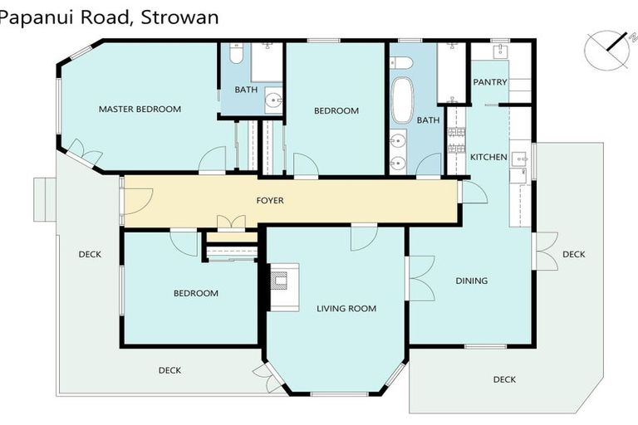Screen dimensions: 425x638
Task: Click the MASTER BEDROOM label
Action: click(140, 109)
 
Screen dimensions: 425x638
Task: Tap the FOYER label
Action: click(270, 200)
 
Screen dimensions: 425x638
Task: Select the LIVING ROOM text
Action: click(346, 309)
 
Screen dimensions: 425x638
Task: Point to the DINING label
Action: click(471, 281)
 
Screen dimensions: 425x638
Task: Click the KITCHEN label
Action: click(488, 157)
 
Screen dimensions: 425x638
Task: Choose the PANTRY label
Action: click(489, 82)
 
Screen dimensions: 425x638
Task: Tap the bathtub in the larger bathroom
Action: click(402, 100)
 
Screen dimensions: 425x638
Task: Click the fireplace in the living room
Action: click(282, 286)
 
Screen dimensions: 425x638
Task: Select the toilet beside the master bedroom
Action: click(234, 55)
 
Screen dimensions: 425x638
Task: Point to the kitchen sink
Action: click(519, 158)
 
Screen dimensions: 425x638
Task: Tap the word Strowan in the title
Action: click(178, 16)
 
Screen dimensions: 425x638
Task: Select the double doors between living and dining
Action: click(419, 277)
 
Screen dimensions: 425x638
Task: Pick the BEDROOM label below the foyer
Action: click(195, 293)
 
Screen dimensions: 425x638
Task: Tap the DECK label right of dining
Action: click(573, 254)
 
